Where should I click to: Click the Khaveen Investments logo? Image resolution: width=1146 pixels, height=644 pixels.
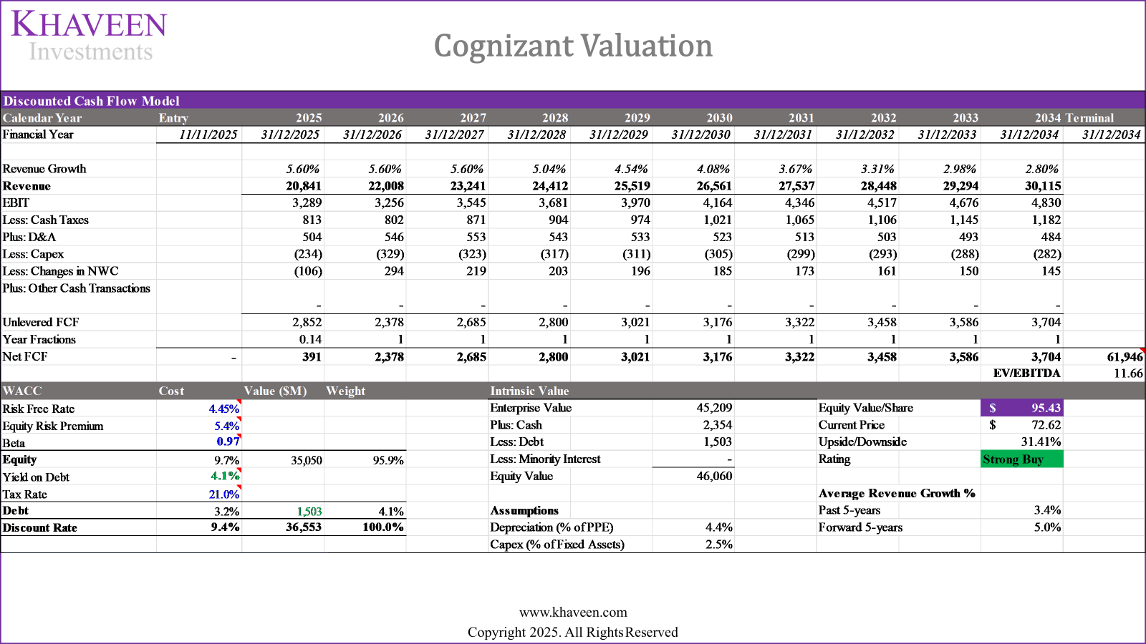[89, 36]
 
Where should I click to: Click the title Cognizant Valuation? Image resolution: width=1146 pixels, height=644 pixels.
[573, 47]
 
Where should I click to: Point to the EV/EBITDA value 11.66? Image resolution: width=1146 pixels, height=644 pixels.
[1128, 374]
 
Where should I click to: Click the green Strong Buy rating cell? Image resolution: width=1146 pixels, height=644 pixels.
[1021, 459]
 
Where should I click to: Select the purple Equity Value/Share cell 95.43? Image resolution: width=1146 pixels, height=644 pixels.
[1021, 408]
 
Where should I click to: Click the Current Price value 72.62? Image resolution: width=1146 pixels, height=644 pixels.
[1046, 425]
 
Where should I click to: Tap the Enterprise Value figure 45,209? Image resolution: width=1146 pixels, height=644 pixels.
[714, 408]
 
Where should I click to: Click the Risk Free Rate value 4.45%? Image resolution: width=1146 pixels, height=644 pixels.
[223, 409]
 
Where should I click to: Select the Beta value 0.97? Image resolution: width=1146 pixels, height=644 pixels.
[228, 442]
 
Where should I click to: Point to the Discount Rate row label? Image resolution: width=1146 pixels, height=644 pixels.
[40, 528]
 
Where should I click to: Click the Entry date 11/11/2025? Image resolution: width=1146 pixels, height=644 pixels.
[208, 135]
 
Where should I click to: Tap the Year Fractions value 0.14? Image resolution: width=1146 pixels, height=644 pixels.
[310, 340]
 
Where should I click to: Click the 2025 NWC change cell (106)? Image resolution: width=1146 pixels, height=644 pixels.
[308, 271]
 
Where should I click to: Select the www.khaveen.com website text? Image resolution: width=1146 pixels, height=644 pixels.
[573, 613]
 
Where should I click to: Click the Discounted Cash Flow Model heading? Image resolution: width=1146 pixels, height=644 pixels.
[92, 101]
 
